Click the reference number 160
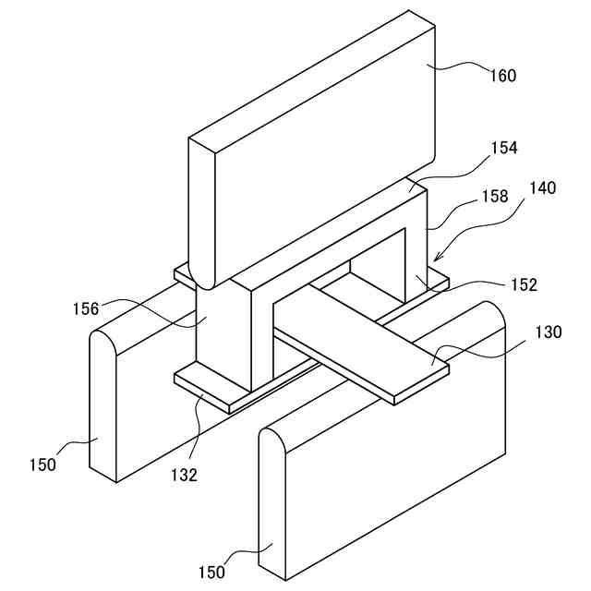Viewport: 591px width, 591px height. tap(502, 76)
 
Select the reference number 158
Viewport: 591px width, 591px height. tap(495, 198)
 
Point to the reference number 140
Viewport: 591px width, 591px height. tap(542, 188)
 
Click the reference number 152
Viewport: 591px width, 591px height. tap(522, 285)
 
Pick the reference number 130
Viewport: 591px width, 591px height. tap(548, 332)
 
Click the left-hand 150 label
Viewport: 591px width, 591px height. tap(42, 464)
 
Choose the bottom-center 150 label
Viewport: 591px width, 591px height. tap(211, 572)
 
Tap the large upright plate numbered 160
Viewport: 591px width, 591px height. tap(314, 139)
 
